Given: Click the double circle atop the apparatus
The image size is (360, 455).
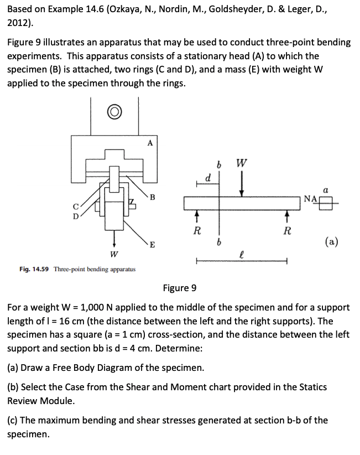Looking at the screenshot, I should click(x=114, y=111).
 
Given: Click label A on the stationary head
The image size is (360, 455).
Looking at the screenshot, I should click(x=150, y=143).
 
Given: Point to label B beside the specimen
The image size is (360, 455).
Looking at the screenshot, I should click(x=152, y=198).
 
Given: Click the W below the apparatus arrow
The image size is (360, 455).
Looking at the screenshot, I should click(x=114, y=256).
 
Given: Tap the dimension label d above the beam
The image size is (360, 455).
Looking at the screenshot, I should click(x=207, y=178).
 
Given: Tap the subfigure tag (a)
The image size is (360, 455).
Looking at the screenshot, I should click(x=332, y=241).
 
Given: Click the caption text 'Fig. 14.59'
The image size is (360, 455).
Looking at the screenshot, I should click(x=32, y=269).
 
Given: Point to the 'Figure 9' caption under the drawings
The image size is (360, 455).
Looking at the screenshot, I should click(x=180, y=288).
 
